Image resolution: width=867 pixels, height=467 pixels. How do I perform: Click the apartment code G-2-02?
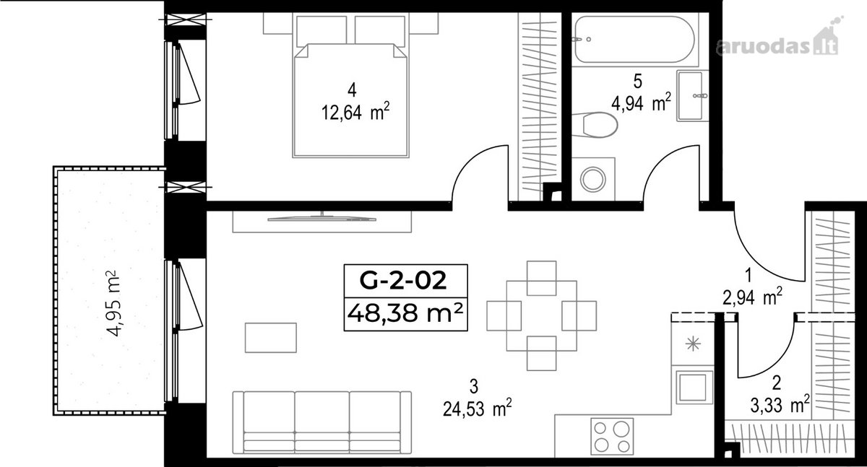coord(403,281)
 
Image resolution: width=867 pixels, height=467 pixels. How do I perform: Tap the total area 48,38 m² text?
coord(405,313)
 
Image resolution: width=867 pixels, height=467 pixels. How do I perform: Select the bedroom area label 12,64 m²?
coord(355,112)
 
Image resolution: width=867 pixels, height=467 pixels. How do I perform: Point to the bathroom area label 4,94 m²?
coord(641,102)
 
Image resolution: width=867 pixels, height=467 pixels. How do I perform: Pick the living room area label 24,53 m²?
coord(478,409)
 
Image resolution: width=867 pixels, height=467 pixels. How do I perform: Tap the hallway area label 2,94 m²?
coord(752,297)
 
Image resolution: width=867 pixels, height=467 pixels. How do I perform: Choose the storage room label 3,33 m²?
coord(780,405)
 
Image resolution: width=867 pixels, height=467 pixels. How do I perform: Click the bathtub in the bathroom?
coord(635,39)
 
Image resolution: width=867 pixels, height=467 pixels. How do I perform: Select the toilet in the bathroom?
coord(595,124)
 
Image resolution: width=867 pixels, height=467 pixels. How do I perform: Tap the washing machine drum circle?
coord(593,179)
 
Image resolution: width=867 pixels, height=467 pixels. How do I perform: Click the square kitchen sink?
coord(694,388)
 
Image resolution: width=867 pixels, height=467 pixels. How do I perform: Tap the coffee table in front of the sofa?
coord(270,338)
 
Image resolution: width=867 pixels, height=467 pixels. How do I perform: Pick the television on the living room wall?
coord(322,219)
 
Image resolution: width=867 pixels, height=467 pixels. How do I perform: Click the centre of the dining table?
coord(541,316)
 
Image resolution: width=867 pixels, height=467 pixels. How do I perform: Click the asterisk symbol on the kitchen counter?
coord(693,344)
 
